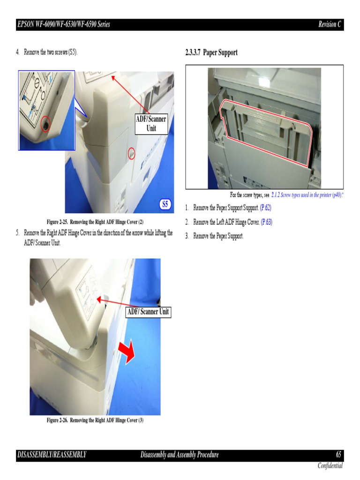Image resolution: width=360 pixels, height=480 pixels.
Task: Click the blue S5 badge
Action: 165,204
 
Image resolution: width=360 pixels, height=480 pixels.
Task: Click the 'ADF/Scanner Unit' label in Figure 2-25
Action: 151,124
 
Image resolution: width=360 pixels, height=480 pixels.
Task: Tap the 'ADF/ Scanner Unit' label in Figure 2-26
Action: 149,312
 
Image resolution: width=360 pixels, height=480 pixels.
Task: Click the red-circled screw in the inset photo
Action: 45,124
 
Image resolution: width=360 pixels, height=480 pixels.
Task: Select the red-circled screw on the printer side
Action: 131,153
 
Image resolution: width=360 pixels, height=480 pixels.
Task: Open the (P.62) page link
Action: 265,208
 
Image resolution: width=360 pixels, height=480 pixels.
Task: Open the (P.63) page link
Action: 266,222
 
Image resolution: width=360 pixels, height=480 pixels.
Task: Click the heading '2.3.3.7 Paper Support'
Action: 211,52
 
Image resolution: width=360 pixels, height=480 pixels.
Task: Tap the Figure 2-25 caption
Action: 95,222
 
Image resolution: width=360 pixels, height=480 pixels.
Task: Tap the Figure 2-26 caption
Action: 95,420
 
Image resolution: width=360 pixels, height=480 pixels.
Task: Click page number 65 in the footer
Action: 338,455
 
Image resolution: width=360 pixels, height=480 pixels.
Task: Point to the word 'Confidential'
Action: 330,465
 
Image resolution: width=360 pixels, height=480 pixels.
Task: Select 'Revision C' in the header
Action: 330,24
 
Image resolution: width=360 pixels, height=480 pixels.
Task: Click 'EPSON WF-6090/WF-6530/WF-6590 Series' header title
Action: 63,24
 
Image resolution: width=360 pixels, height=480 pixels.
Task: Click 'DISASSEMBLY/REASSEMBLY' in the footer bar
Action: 52,455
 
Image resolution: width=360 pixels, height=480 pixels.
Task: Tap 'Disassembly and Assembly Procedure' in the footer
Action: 180,455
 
